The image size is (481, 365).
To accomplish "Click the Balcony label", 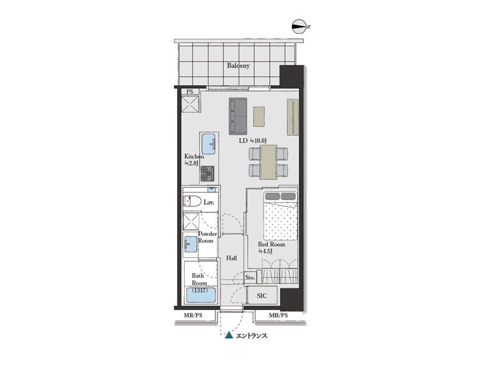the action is [238, 66].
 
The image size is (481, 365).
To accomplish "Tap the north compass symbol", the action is [300, 27].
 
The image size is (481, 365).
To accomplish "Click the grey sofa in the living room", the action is [237, 116].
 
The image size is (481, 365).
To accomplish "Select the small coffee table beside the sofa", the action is [259, 116].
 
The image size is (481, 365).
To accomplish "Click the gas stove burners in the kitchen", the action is [207, 173].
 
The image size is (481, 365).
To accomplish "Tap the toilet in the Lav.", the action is [192, 201].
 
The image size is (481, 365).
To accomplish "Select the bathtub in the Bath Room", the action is [200, 294].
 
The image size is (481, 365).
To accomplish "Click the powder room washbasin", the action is [191, 245].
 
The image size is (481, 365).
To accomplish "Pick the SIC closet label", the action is [262, 296].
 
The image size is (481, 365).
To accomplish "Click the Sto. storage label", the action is [250, 277].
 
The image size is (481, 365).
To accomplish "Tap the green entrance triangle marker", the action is [229, 335].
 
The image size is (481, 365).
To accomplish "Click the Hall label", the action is [231, 258].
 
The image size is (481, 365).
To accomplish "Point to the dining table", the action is [268, 162].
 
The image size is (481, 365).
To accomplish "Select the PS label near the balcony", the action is [190, 92].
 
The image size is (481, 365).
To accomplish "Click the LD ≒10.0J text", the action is [253, 141].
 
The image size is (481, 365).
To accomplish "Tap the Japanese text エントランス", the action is [251, 336].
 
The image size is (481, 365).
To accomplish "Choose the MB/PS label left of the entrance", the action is [193, 315].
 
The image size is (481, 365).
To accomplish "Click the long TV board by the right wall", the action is [293, 117].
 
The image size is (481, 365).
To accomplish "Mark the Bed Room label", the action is [271, 245].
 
